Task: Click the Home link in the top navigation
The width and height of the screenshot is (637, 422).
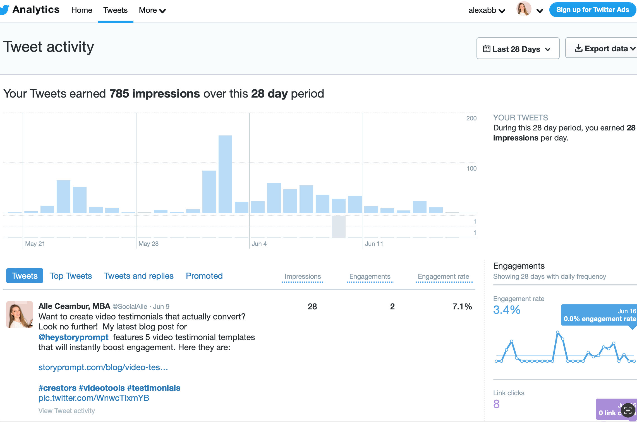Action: (82, 10)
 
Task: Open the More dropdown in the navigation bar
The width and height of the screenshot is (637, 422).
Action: (152, 10)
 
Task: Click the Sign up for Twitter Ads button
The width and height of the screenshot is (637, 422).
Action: (592, 10)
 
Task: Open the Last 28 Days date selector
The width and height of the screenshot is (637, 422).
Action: (518, 49)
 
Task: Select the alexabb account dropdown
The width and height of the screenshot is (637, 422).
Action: (487, 10)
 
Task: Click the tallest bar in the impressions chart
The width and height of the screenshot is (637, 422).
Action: (225, 174)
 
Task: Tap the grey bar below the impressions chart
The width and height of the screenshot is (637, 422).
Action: (339, 227)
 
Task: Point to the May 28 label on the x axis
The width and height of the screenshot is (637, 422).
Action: (149, 244)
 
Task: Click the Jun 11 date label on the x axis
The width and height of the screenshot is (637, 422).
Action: (374, 244)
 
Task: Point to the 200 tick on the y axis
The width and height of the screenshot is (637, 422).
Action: (471, 118)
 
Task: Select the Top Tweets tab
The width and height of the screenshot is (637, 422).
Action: (71, 276)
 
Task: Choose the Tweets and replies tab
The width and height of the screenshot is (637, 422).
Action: (139, 276)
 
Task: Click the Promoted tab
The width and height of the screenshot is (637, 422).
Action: (204, 276)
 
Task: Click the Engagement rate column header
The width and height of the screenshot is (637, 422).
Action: (443, 277)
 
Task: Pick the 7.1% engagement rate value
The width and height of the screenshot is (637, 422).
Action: (462, 307)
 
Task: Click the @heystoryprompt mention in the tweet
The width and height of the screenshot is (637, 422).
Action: (73, 337)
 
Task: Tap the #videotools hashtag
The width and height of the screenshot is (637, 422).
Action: (102, 388)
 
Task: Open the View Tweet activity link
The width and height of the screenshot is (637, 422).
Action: (67, 411)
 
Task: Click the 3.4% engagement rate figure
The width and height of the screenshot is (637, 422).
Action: (507, 310)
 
